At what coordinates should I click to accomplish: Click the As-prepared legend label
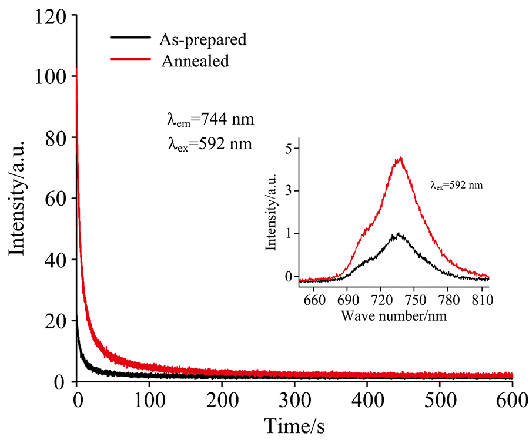pos(203,40)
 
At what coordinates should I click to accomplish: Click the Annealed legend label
pos(195,61)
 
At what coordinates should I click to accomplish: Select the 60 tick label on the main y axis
pos(56,199)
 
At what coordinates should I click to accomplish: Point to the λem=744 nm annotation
pos(210,120)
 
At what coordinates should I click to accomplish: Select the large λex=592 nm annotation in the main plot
pos(210,143)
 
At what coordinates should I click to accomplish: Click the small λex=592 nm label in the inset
pos(457,185)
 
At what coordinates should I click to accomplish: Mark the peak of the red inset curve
pos(401,157)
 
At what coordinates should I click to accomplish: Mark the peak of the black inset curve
pos(399,234)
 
